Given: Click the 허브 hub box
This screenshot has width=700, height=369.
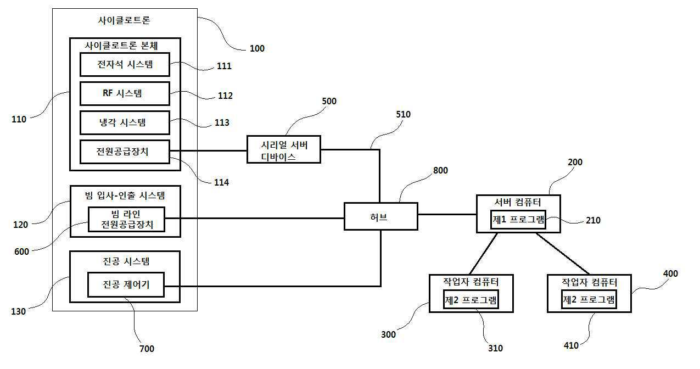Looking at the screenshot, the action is (x=380, y=216).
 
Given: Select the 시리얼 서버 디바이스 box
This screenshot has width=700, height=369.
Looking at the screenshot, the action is (x=284, y=149).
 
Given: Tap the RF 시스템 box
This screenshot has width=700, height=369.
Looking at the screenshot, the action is (x=125, y=93).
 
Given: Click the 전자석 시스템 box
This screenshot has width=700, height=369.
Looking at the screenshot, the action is (x=125, y=64).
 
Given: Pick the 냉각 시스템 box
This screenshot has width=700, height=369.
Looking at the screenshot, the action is (x=125, y=122).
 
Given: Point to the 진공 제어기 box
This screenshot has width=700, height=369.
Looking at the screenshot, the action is (x=126, y=284).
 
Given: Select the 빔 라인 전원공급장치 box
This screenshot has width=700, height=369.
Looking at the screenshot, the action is (x=127, y=219).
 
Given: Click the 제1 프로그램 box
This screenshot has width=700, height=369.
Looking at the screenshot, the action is (x=518, y=220).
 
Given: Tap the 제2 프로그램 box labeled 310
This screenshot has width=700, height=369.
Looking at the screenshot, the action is (x=471, y=300).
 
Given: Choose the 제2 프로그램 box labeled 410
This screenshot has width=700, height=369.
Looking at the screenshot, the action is (x=589, y=299).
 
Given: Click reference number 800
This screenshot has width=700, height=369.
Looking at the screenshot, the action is (x=440, y=170).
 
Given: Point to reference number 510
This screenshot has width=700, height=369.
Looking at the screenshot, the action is (x=403, y=114).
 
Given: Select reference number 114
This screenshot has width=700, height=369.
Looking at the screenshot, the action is (x=221, y=182).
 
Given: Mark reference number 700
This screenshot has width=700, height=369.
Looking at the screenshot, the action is (x=147, y=349).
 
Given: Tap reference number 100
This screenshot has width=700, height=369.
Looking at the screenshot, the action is (x=257, y=48).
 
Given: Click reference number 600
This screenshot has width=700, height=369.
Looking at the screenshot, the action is (x=21, y=251).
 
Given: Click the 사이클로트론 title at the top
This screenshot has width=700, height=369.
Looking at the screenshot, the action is (x=124, y=20).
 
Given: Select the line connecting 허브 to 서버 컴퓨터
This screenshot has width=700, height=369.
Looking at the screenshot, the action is (x=447, y=214).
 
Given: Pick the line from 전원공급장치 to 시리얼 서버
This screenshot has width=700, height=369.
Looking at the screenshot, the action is (x=208, y=150).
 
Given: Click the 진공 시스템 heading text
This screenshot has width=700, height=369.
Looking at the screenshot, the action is (x=126, y=261).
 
